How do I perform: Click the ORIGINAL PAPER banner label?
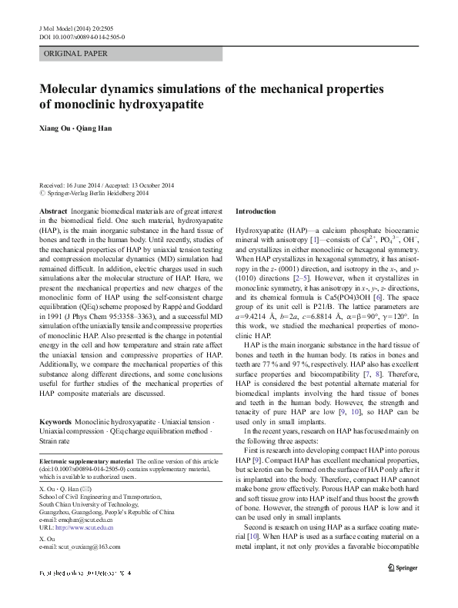tap(75, 54)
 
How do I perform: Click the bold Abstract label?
tap(52, 211)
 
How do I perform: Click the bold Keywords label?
tap(55, 422)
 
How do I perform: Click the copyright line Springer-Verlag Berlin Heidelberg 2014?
tap(110, 194)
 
